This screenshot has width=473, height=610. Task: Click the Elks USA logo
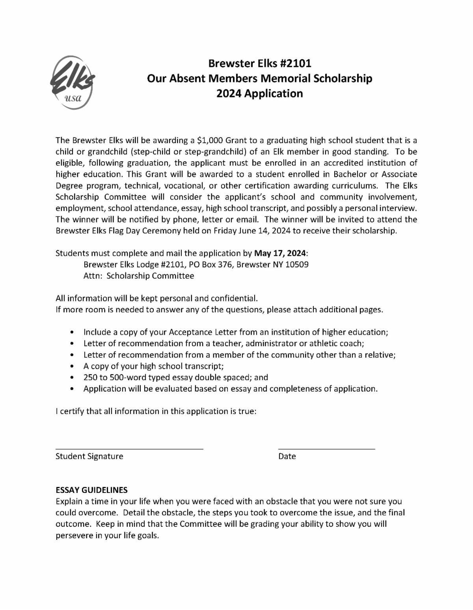(x=72, y=82)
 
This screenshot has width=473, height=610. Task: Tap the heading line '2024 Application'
(x=259, y=93)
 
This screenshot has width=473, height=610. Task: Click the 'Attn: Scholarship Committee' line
(x=139, y=276)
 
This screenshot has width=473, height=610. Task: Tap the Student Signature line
(x=129, y=448)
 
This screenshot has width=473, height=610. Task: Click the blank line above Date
(x=326, y=448)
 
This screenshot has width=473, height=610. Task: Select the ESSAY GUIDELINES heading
(x=91, y=490)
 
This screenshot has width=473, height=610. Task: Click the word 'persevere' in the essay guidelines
(x=74, y=536)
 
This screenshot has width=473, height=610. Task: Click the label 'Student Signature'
(x=89, y=456)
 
